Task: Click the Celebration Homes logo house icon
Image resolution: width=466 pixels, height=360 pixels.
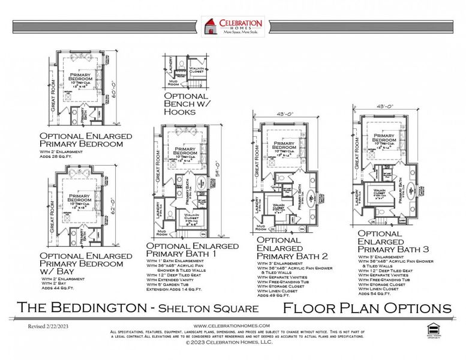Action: [210, 27]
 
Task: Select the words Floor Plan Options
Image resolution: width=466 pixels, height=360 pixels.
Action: [366, 308]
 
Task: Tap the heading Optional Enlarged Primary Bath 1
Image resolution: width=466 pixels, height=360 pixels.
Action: [187, 250]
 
